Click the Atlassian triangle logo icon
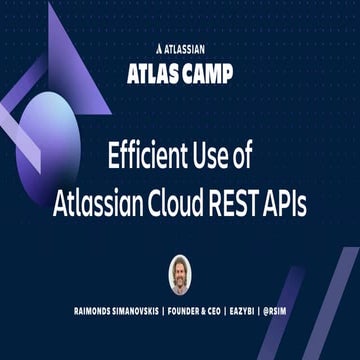coord(160,47)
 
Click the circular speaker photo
coord(180,274)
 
